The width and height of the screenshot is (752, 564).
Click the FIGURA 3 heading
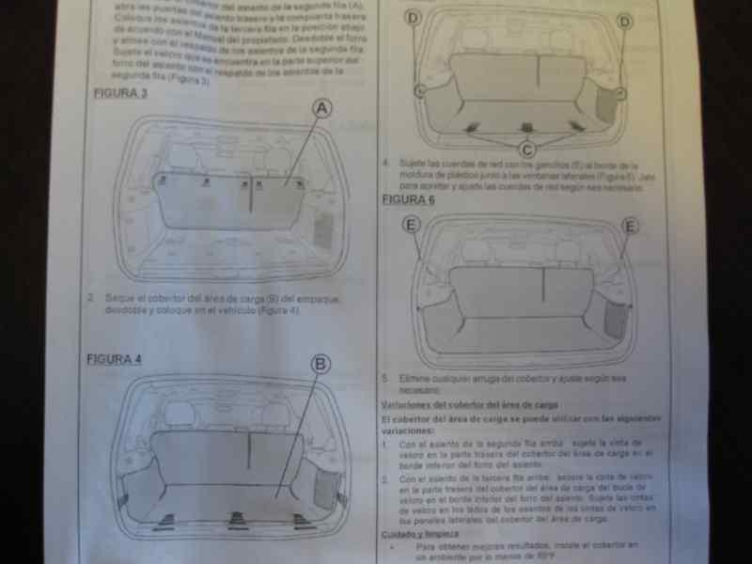click(x=119, y=94)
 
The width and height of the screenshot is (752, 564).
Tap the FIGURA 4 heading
click(x=114, y=359)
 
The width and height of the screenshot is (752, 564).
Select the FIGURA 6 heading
click(x=408, y=199)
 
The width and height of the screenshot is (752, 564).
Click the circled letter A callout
click(x=322, y=110)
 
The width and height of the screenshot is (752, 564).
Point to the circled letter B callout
click(x=321, y=365)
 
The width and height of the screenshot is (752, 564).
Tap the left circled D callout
click(x=414, y=19)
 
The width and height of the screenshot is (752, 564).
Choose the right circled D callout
click(x=624, y=21)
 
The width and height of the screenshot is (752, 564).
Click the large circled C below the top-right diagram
click(x=527, y=149)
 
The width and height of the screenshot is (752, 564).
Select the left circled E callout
click(x=411, y=225)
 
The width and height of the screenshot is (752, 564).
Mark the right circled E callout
click(x=630, y=226)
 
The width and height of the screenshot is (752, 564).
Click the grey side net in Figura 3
click(x=322, y=230)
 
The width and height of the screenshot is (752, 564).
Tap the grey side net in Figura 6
click(x=616, y=320)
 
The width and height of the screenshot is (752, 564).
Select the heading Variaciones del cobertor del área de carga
click(x=452, y=404)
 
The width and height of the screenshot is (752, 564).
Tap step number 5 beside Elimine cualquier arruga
click(x=384, y=378)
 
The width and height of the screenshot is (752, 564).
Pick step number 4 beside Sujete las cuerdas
click(x=385, y=163)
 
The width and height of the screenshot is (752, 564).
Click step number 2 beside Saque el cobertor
click(x=91, y=299)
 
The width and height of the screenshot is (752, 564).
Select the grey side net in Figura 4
click(x=324, y=488)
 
